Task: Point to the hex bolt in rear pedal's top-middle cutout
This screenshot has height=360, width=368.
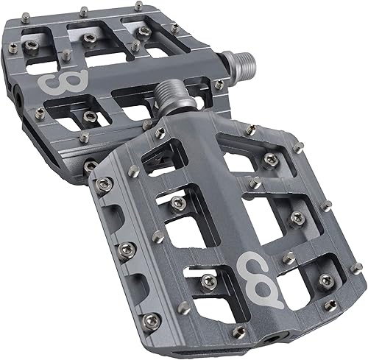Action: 90,36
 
